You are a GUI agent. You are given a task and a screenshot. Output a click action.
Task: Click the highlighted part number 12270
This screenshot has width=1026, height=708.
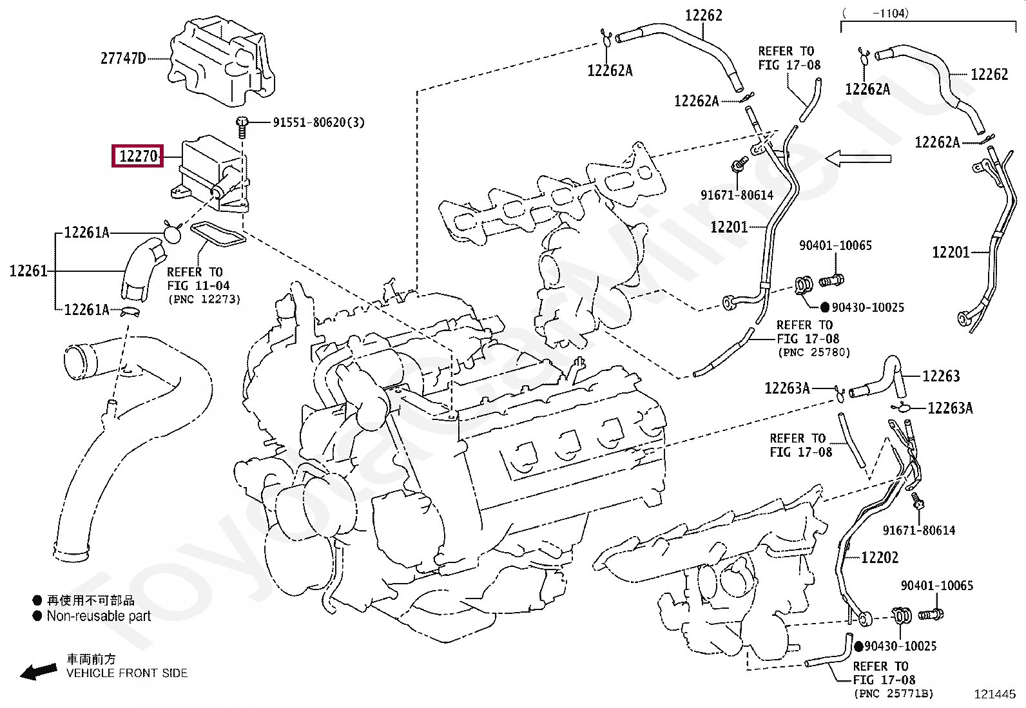coord(137,156)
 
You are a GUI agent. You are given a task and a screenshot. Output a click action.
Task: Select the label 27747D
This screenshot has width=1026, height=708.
coord(122,59)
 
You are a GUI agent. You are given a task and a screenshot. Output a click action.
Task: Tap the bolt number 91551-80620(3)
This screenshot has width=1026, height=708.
coord(318,122)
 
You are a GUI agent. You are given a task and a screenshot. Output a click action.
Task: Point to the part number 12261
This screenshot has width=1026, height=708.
coord(28,271)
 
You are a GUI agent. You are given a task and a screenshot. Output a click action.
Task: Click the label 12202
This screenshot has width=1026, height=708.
coord(880,557)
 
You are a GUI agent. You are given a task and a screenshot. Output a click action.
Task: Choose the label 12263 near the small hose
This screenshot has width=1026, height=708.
coord(941,376)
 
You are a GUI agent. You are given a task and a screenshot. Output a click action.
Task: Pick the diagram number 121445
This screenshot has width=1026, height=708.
coord(994,694)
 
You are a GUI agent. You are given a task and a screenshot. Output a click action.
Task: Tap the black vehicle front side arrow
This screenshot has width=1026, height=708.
coord(39,672)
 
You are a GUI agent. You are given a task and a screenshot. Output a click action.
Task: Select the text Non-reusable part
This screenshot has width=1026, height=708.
coord(99,616)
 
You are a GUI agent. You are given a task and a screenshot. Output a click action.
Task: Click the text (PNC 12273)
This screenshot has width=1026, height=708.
coord(204,300)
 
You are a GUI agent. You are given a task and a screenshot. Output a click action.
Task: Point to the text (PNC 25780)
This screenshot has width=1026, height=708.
coord(814,352)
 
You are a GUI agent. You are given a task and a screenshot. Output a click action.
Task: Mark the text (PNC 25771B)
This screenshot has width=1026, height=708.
coord(893,694)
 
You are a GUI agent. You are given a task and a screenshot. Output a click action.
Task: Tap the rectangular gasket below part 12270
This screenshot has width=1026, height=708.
coord(218,234)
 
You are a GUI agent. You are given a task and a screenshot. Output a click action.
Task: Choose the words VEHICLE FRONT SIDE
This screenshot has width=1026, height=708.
coord(127,673)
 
